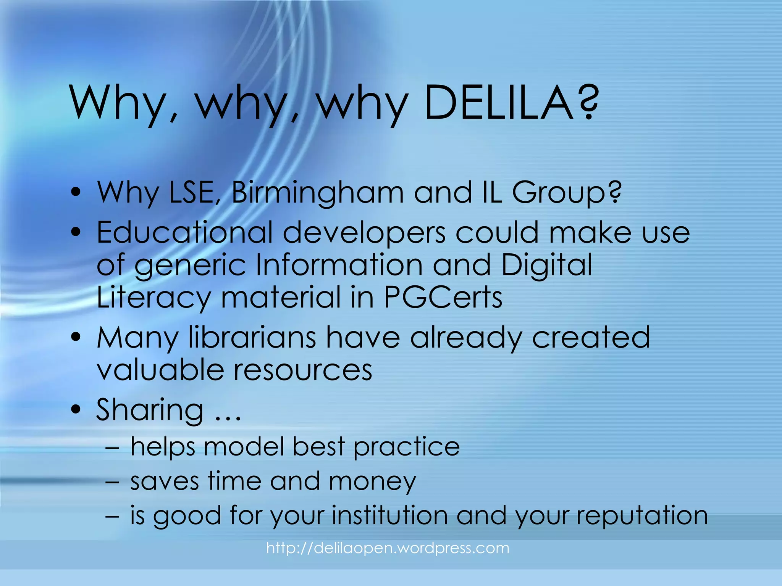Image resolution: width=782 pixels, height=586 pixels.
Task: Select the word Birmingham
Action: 317,192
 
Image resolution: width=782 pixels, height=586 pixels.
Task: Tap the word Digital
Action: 546,266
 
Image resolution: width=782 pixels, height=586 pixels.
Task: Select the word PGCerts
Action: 443,298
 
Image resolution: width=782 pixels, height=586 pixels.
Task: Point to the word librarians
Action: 252,337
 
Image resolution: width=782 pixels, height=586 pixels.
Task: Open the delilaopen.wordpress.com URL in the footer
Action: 388,548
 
